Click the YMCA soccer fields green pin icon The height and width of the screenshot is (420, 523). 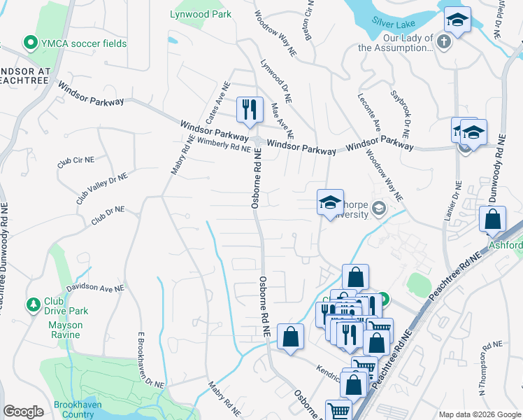(x=30, y=43)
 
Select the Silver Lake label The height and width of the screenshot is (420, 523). (x=394, y=23)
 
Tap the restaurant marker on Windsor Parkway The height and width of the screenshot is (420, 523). (x=250, y=109)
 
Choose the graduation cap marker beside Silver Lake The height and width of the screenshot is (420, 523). (x=457, y=20)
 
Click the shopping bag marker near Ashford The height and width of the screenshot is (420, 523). (x=493, y=219)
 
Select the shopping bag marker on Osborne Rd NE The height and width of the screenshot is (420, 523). (x=290, y=337)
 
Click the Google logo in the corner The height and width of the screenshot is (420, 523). (x=23, y=412)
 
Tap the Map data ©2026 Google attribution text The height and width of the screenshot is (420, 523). (x=479, y=414)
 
